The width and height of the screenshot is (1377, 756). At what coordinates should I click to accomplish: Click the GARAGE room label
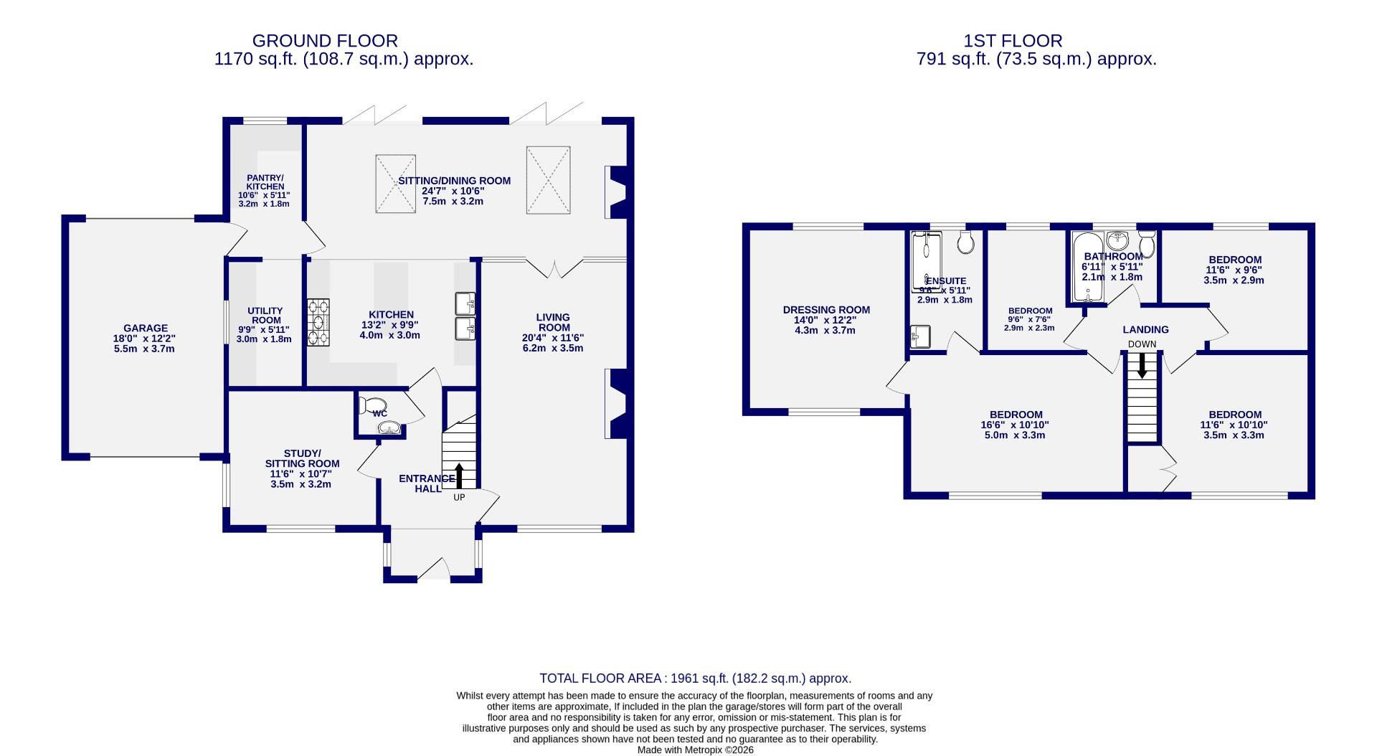coord(146,329)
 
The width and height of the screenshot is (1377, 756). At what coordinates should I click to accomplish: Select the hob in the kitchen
coord(318,322)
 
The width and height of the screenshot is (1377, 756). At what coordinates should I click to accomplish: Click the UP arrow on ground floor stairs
coord(459,476)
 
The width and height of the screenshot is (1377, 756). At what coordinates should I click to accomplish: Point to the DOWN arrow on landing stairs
coord(1142,366)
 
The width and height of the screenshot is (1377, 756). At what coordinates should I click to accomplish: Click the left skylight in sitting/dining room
coord(395,184)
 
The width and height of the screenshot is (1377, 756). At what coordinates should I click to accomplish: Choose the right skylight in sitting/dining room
coord(548,179)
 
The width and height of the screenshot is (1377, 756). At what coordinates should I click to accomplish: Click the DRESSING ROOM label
coord(826,310)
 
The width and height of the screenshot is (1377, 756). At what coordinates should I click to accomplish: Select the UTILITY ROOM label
coord(265,316)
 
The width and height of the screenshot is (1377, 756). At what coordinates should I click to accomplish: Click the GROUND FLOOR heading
coord(325,41)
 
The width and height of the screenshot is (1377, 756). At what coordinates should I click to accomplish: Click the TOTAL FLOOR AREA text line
coord(695,678)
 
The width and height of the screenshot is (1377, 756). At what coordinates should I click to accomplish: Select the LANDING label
coord(1145,329)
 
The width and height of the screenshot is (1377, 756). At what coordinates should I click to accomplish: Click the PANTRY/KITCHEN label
coord(265,182)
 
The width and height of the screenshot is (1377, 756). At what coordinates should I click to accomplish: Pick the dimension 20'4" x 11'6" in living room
coord(553,338)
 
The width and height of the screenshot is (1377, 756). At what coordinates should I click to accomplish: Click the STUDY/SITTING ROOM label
coord(301,458)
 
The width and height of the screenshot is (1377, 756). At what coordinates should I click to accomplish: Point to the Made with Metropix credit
coord(695,750)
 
